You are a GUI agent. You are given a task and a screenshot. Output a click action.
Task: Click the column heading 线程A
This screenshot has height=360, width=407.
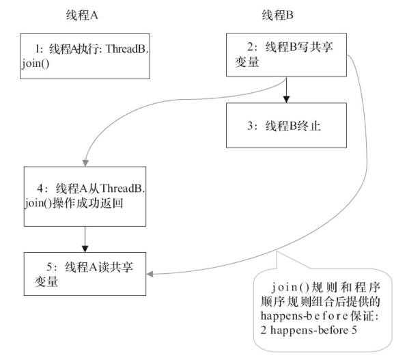[x=76, y=14]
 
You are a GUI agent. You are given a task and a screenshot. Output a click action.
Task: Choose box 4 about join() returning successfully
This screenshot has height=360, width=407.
[x=85, y=196]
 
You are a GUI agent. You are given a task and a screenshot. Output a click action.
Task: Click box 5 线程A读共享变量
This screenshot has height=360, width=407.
[x=85, y=273]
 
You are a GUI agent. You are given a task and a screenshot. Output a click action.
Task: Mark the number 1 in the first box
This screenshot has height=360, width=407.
[x=38, y=49]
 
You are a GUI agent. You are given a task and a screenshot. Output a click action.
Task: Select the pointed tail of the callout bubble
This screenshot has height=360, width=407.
[x=277, y=253]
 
